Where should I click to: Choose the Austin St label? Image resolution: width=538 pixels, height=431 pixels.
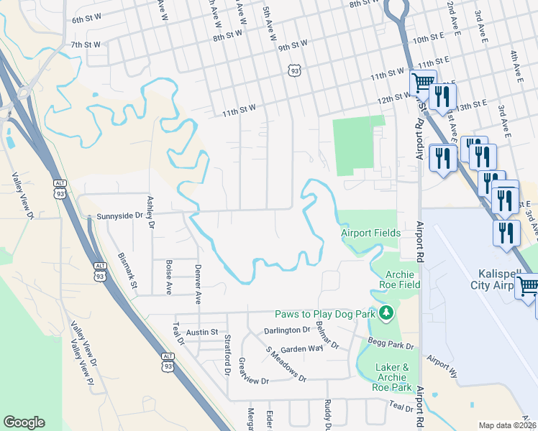pos(202,333)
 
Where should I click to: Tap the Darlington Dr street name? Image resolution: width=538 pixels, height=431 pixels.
pos(286,330)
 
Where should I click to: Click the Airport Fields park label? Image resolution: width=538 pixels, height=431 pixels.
pos(368,233)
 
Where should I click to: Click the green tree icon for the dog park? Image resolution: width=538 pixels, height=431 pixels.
pos(386,312)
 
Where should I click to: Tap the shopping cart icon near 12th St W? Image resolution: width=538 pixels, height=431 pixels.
pos(423,83)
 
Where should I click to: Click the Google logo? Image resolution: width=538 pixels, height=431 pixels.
pos(24,422)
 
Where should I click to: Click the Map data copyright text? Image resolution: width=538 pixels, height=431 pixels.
pos(507,425)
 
